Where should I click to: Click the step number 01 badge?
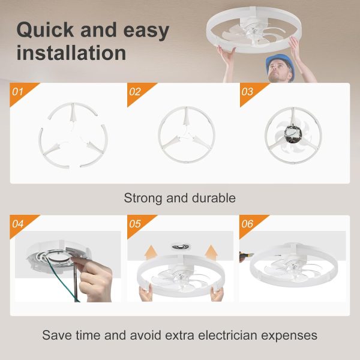(x=20, y=92)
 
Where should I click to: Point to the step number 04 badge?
(x=20, y=224)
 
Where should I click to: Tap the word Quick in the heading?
(x=45, y=31)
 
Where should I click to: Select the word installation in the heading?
(x=71, y=53)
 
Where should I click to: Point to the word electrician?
(x=227, y=335)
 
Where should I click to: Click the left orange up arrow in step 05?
(x=151, y=252)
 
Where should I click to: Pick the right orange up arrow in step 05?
(x=211, y=252)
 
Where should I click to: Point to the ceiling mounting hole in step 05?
(x=181, y=247)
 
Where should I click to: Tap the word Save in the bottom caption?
(x=57, y=335)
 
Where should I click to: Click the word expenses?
(x=289, y=335)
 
